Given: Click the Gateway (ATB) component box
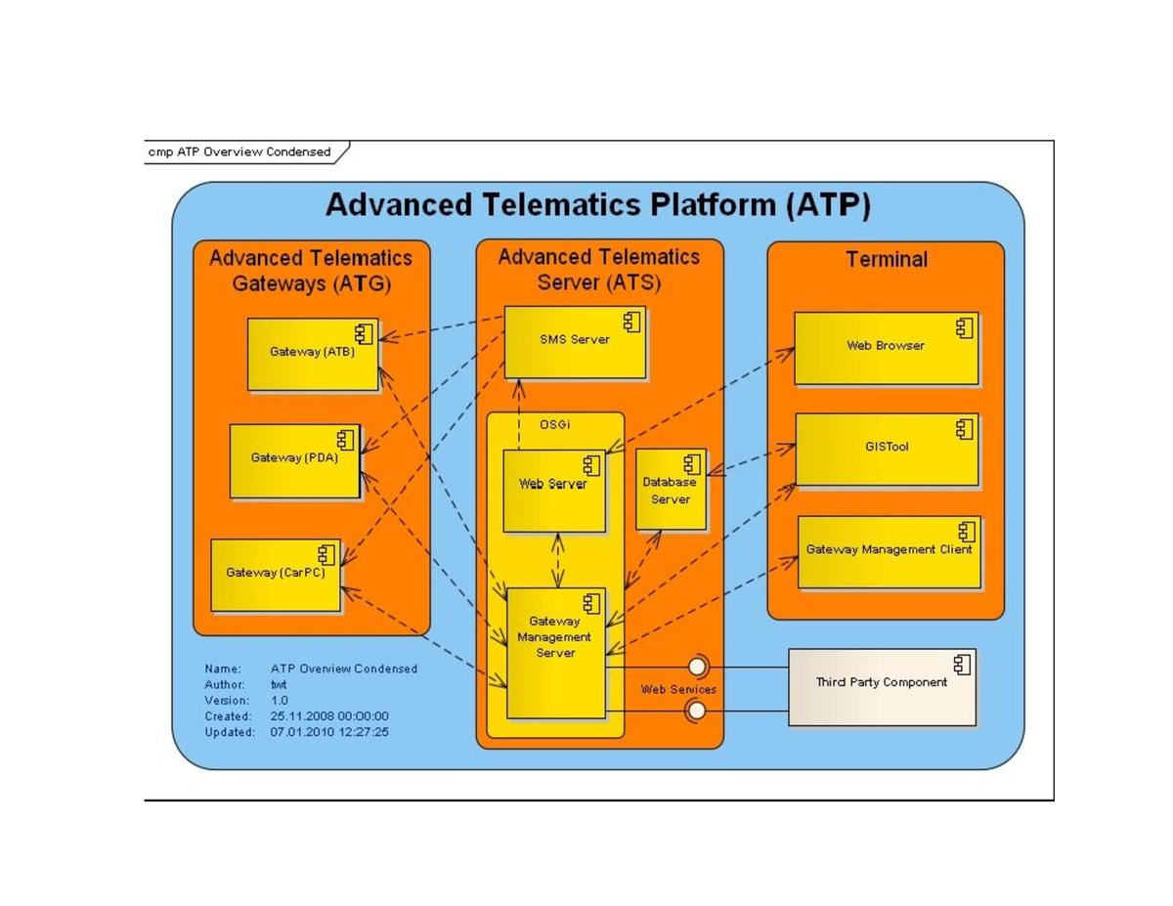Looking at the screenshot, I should pos(312,354).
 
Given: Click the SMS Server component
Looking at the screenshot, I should pos(574,341).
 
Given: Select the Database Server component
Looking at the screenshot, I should pos(671,490).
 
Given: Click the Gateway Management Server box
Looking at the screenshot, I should pos(554,652).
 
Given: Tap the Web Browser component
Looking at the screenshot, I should pos(885,347).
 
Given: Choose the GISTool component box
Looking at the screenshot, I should pos(886,449).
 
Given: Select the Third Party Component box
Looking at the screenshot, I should pos(881,686).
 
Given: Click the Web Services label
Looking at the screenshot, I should pos(677,690).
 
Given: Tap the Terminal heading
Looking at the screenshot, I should pos(886,260).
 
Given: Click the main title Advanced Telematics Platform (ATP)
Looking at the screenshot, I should pos(597,206).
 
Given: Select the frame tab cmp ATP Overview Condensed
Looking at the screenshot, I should pos(240,152).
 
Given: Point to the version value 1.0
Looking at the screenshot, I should pos(280,701).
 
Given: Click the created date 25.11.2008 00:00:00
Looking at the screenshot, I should pos(328,716).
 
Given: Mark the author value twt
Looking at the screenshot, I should pos(278,685).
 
